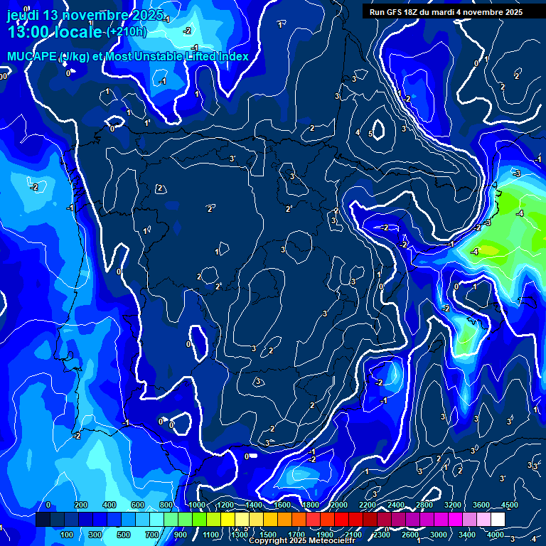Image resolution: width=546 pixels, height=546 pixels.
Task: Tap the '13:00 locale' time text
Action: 55,33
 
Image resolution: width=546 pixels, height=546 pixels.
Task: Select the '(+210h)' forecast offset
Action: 127,32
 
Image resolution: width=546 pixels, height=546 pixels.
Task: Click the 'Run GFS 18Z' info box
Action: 446,12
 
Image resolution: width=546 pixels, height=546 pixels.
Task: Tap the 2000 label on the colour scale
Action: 339,505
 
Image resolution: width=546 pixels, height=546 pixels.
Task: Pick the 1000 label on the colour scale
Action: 197,505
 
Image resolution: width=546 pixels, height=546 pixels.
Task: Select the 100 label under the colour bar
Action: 68,535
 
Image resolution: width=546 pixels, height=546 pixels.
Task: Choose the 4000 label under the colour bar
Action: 496,535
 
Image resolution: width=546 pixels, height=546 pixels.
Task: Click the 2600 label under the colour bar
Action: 410,535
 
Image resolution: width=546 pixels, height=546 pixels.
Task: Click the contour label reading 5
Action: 370,133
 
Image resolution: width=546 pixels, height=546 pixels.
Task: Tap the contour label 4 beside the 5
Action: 358,133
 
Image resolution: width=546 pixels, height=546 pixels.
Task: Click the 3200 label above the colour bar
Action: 453,505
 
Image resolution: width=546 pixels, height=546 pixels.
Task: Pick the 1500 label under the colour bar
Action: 268,535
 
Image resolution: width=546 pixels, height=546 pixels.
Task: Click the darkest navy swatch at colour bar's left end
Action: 43,520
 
